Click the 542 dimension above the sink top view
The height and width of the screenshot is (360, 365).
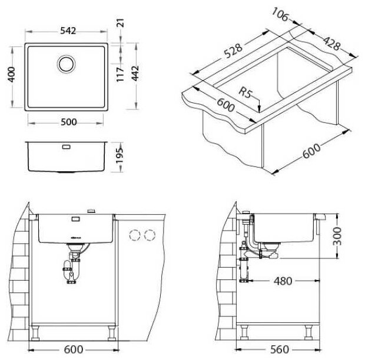point(68,32)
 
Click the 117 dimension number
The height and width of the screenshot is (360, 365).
point(120,74)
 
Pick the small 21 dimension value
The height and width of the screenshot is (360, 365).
point(121,24)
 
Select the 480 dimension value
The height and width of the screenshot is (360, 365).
point(283,281)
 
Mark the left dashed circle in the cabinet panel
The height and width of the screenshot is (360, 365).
point(135,235)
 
